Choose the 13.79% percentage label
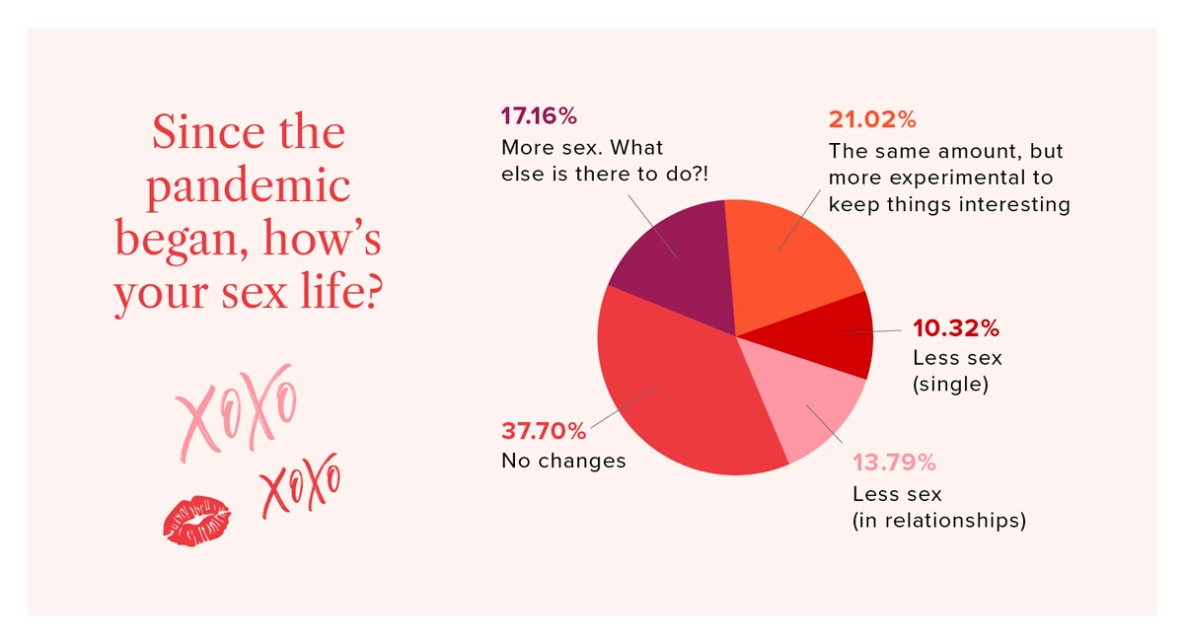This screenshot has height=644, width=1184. coord(894,463)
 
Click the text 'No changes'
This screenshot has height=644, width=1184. coord(563,461)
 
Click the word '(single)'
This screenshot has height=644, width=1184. coord(951,385)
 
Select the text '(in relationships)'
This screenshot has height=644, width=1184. coord(939,520)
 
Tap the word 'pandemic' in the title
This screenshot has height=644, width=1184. coord(248,187)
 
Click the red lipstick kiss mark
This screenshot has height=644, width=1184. coord(196,521)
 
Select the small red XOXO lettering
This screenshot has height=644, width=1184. coord(300,487)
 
